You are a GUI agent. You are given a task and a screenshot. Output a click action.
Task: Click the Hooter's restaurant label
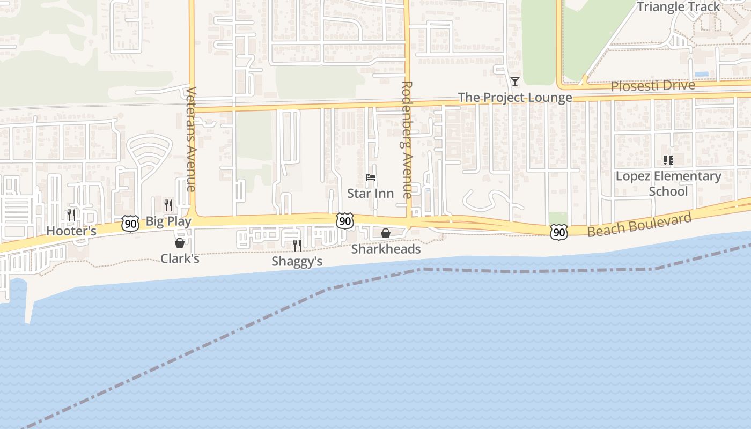71,231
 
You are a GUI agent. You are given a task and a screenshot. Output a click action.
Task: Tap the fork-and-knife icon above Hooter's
71,215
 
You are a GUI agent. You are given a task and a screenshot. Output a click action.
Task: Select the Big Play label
168,221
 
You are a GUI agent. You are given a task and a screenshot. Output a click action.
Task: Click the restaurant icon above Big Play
168,205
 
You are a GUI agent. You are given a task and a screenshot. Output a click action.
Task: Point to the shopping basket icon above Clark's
180,243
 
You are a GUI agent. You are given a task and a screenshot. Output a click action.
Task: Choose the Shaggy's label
297,261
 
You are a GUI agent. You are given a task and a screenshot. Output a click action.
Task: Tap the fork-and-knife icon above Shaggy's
297,246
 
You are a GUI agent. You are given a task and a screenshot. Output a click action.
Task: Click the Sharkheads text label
386,249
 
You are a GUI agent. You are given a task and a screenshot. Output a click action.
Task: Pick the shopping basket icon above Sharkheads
385,233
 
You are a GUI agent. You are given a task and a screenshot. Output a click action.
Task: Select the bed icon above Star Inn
370,177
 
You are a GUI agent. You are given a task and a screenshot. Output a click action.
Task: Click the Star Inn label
370,193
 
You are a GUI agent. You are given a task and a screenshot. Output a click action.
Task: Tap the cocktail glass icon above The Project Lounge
515,82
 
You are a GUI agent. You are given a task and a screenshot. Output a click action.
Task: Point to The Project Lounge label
515,98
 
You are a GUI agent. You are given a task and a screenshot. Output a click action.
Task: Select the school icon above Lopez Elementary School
668,160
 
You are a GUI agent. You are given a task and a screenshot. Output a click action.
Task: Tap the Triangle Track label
678,6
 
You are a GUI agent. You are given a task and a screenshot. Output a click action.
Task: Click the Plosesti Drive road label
653,85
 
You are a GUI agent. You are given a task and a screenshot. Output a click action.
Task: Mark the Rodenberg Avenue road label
407,139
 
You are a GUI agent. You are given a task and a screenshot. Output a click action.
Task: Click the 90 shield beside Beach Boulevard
559,232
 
